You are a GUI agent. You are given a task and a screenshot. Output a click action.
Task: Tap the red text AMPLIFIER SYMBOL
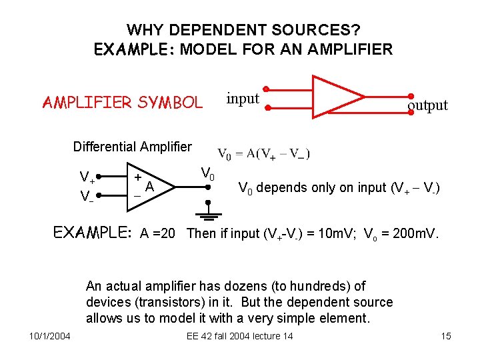point(122,102)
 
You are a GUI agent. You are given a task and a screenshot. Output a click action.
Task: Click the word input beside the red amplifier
point(243,99)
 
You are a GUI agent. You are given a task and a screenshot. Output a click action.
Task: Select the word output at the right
point(427,105)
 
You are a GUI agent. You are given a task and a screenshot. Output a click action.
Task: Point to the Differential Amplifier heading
point(132,147)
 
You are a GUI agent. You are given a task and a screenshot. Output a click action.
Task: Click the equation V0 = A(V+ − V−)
point(264,154)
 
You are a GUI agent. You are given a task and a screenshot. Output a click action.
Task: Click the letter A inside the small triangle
point(150,187)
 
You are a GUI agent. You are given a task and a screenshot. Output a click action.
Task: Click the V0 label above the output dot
point(208,175)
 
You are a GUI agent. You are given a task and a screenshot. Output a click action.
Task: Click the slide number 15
point(446,336)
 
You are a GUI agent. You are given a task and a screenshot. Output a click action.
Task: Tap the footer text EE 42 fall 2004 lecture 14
point(239,336)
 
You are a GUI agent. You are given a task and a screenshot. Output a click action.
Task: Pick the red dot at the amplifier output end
point(411,97)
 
